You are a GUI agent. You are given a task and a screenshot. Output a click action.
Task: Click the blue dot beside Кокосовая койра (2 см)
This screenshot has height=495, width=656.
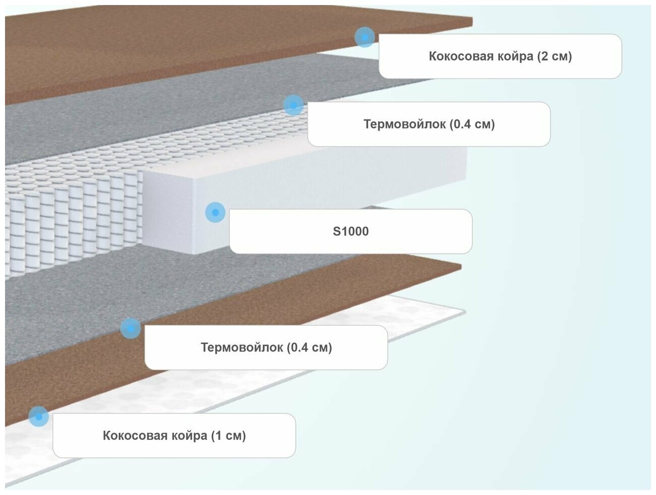[364, 37]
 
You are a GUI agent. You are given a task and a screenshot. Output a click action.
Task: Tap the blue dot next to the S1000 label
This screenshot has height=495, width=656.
[215, 213]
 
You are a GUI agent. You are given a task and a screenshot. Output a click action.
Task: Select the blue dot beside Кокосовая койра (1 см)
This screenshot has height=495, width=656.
[39, 416]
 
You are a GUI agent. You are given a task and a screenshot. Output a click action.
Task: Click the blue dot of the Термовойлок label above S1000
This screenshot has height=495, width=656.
[293, 105]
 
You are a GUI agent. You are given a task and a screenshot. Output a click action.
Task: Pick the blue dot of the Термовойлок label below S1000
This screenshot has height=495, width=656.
[130, 328]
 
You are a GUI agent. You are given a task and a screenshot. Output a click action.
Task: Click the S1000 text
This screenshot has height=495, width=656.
[351, 232]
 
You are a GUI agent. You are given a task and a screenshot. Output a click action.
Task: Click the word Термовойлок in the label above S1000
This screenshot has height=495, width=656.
[404, 124]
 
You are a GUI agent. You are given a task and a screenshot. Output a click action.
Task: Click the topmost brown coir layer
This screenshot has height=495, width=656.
[151, 45]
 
